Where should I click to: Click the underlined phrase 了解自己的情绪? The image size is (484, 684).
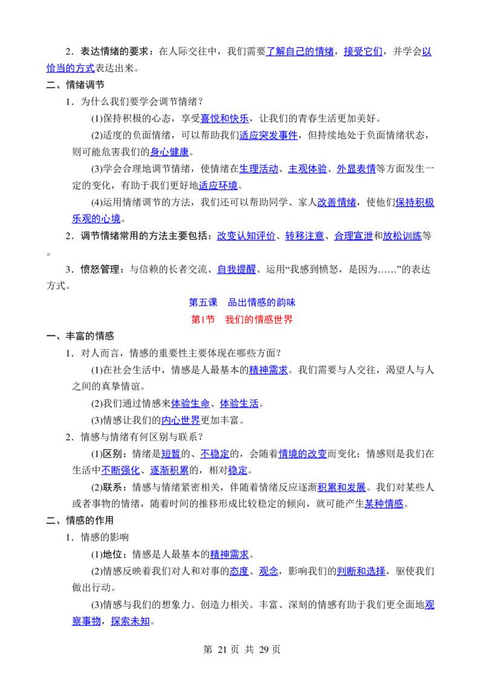click(299, 51)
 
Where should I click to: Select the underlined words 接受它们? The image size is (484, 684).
click(363, 51)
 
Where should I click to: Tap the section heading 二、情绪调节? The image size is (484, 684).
click(75, 85)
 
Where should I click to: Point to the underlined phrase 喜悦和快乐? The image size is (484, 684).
click(224, 118)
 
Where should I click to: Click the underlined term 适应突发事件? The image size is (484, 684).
click(268, 135)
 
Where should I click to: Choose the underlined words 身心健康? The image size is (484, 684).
click(169, 152)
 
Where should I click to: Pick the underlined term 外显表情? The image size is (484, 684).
click(356, 169)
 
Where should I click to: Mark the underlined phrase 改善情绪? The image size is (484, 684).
click(336, 202)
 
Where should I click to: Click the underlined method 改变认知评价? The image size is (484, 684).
click(246, 236)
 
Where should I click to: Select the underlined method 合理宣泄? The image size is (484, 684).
click(353, 236)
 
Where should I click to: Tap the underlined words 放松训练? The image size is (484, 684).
click(402, 236)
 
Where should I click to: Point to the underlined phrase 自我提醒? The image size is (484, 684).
click(237, 269)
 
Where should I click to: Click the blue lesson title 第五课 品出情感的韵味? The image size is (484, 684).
click(242, 302)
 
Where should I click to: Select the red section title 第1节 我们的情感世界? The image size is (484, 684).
click(242, 319)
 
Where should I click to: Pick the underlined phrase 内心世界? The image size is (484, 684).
click(181, 420)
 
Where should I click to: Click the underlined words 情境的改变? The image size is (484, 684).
click(302, 454)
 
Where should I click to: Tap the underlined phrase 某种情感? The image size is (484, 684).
click(384, 504)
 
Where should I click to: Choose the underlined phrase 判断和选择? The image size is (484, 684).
click(361, 571)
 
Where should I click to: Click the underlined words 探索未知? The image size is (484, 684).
click(130, 621)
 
